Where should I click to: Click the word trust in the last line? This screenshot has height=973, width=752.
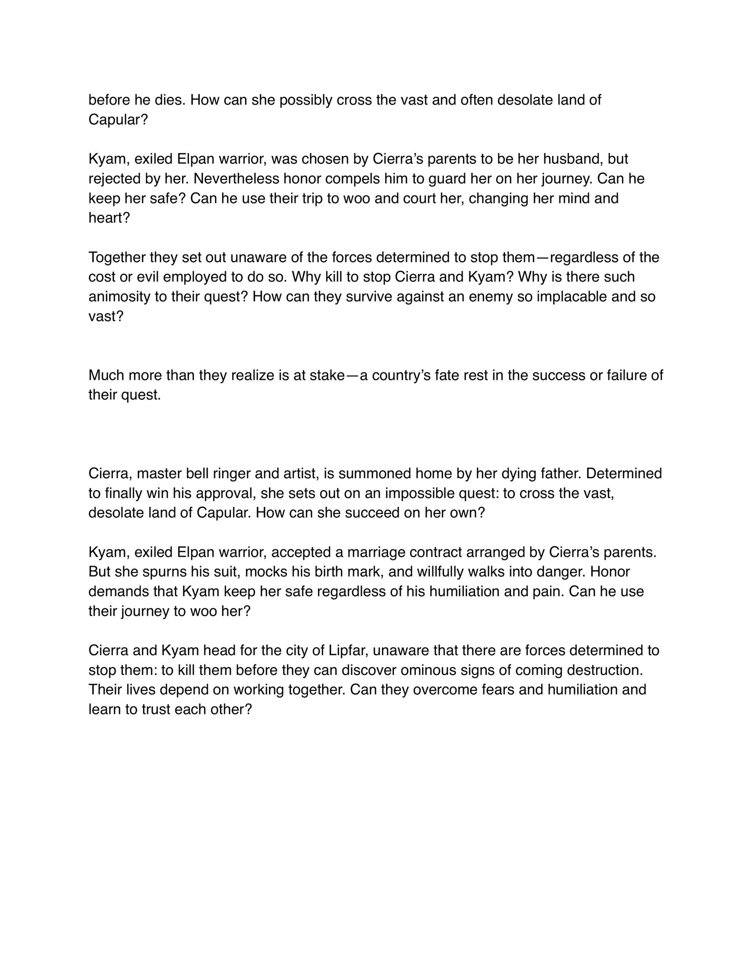pos(156,710)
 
